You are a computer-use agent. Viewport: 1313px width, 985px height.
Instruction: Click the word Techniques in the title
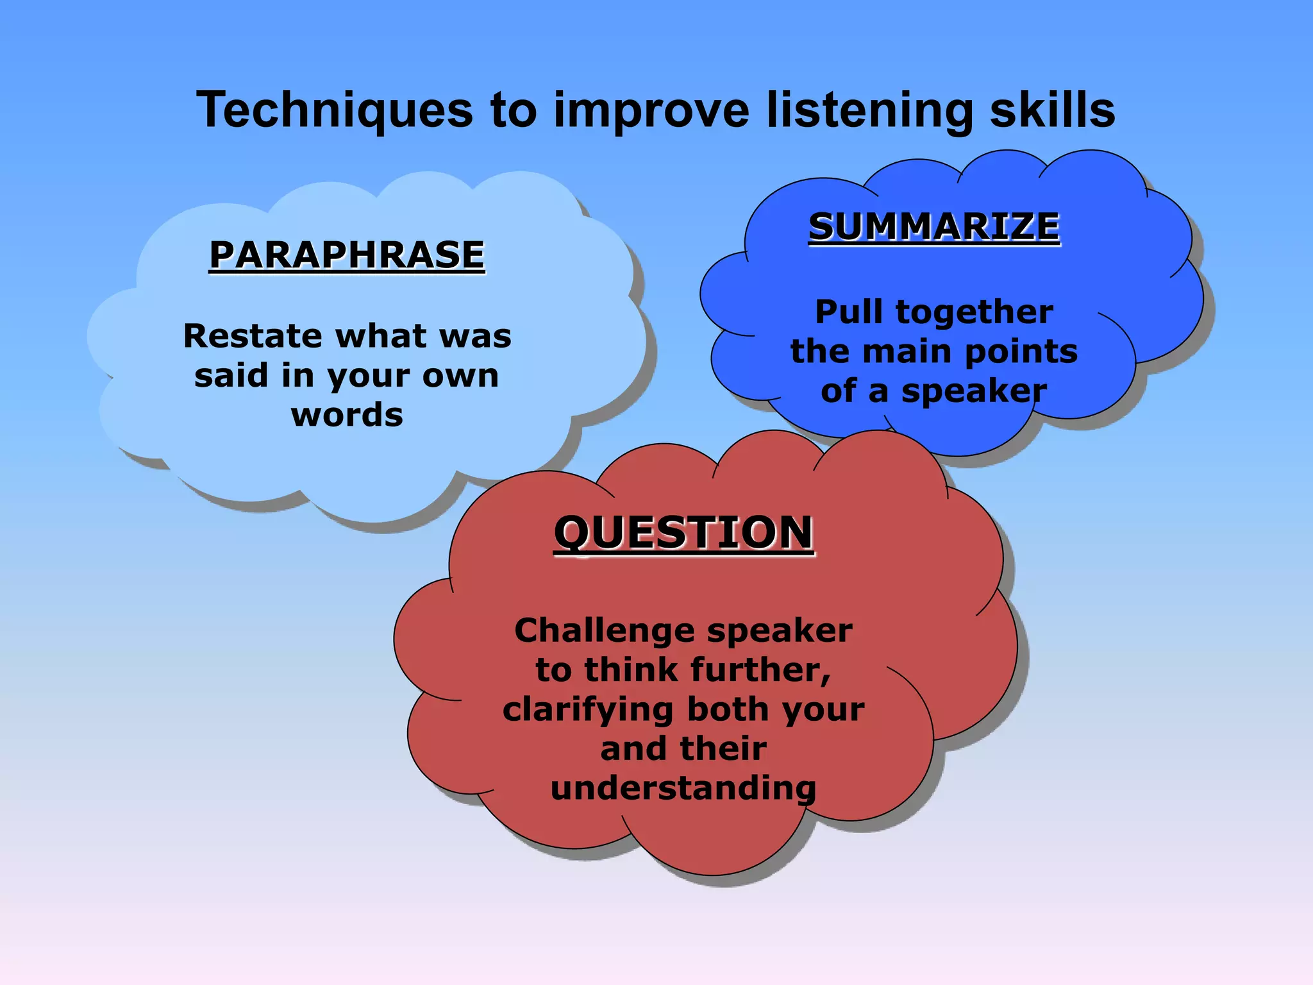pyautogui.click(x=335, y=110)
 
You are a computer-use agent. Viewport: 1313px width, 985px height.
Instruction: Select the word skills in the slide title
pyautogui.click(x=1052, y=110)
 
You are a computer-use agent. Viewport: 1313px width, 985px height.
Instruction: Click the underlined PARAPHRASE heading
pyautogui.click(x=347, y=255)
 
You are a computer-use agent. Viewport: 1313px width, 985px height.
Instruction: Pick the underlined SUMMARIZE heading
pyautogui.click(x=934, y=227)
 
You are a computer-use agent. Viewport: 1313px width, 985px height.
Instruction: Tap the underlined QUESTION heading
pyautogui.click(x=683, y=533)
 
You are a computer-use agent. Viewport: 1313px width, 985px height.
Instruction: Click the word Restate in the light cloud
pyautogui.click(x=253, y=335)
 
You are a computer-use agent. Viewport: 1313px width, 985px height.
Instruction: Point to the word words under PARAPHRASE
pyautogui.click(x=347, y=415)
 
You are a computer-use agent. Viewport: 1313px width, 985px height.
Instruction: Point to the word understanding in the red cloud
pyautogui.click(x=683, y=789)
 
